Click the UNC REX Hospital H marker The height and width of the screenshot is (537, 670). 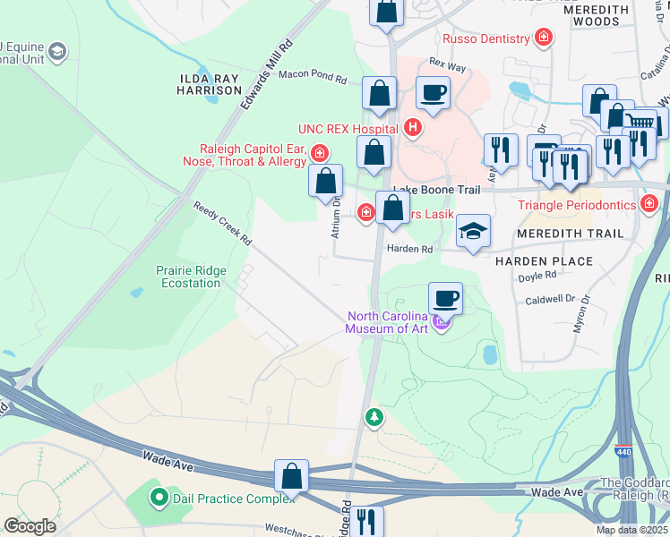[413, 128]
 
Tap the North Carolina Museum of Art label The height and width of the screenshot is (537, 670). [395, 321]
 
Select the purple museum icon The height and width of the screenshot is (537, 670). [441, 322]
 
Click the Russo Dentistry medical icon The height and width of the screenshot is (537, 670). [543, 38]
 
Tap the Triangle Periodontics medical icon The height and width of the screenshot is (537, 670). [651, 205]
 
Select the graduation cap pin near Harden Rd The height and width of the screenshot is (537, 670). [472, 233]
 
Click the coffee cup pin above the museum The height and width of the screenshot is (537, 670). [445, 298]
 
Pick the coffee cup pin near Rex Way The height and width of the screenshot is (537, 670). [433, 92]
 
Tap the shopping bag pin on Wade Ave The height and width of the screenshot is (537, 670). [292, 476]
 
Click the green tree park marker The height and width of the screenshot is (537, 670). [374, 417]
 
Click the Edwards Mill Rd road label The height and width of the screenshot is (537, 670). [267, 74]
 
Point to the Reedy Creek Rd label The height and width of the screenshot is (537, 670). [223, 225]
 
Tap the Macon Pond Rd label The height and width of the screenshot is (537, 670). [313, 78]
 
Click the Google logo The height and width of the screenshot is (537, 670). [30, 526]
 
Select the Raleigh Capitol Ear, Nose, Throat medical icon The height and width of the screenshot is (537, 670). [320, 153]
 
